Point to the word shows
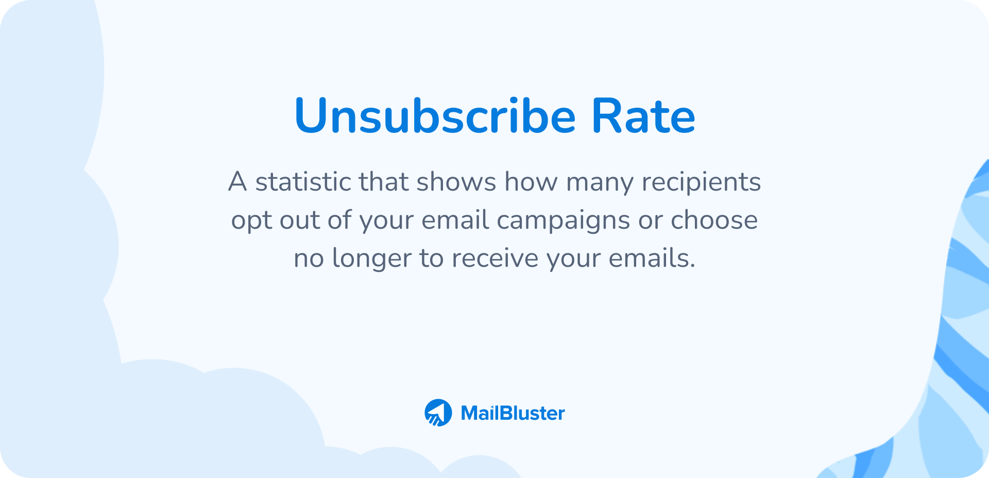456,182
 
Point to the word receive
495,258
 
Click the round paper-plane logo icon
438,413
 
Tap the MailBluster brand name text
513,413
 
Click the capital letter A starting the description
237,182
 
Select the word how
531,182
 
